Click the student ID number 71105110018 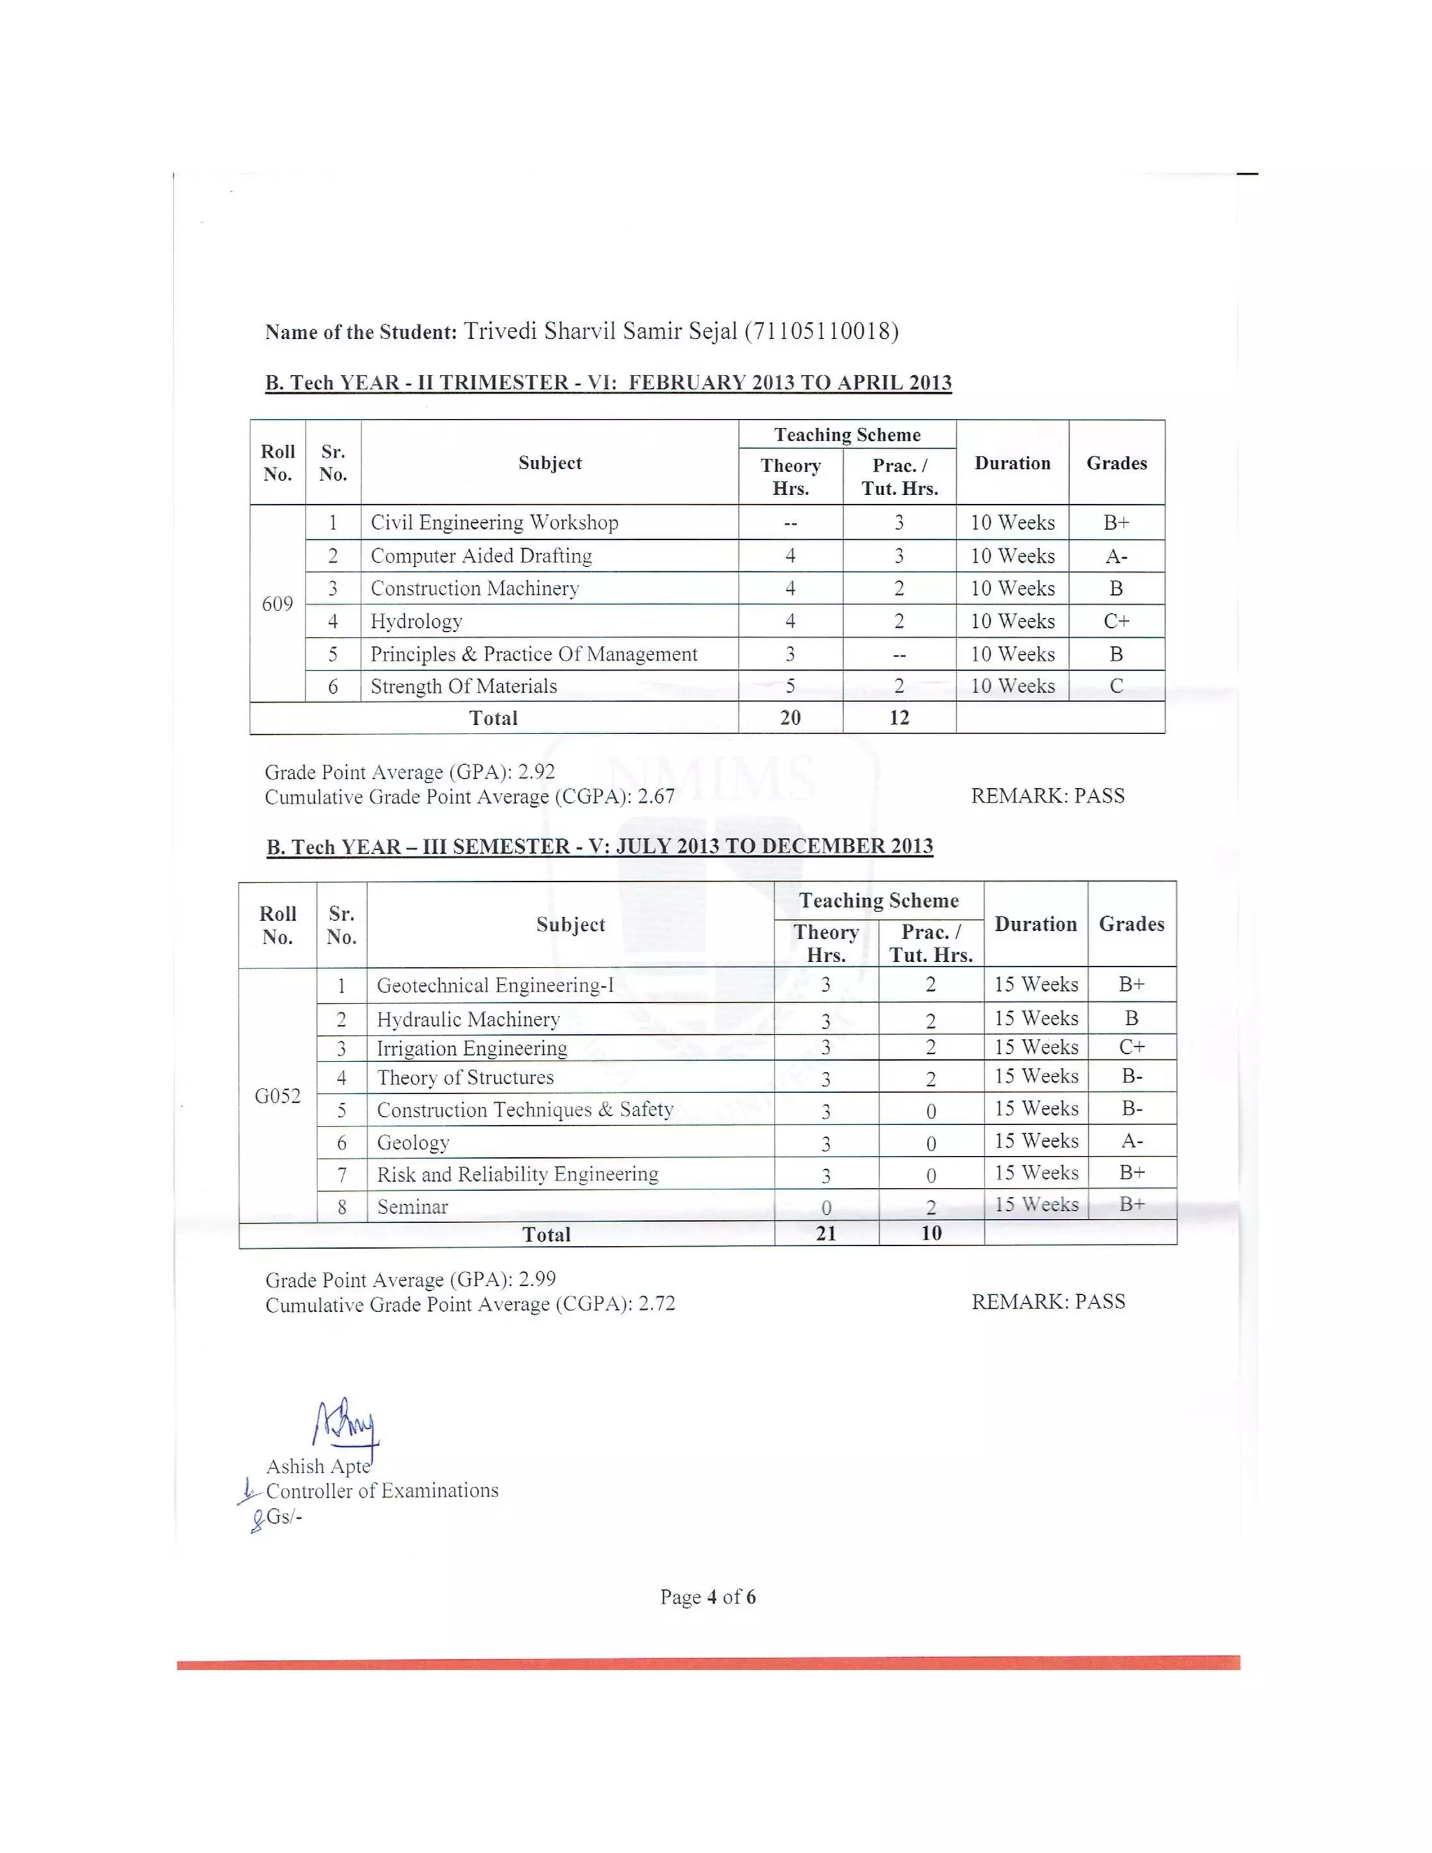point(821,331)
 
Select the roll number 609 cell point(278,604)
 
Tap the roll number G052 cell point(278,1096)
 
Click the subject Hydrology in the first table point(417,622)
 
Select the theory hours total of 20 point(790,718)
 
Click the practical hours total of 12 point(898,718)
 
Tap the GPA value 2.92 point(536,772)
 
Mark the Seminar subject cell point(413,1206)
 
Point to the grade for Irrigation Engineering point(1132,1047)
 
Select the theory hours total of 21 point(826,1233)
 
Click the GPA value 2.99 point(537,1280)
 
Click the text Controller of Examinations point(382,1491)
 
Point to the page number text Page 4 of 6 point(708,1597)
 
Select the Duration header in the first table point(1012,463)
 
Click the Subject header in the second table point(570,925)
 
